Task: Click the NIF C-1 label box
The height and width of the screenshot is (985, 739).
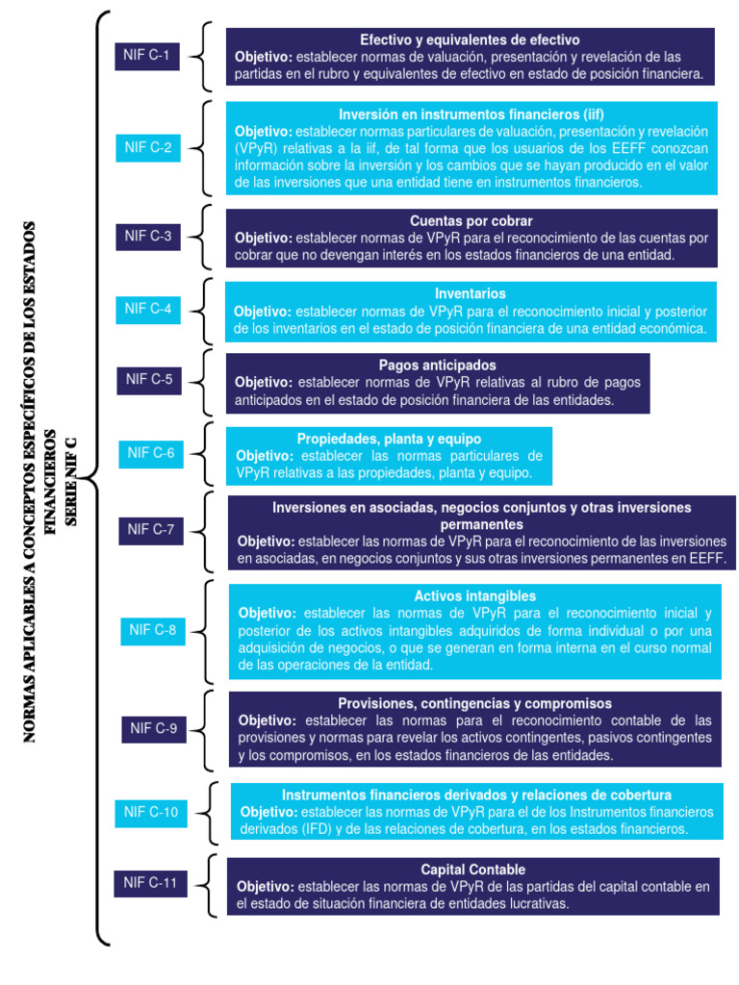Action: pos(146,56)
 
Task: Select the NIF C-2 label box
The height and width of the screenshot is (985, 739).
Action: pos(147,148)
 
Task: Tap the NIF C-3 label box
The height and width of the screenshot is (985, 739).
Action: pos(147,236)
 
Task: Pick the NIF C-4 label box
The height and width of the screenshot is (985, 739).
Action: pos(147,309)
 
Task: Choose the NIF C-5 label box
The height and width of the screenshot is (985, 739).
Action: pos(149,379)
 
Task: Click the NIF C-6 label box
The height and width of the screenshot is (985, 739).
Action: pos(151,453)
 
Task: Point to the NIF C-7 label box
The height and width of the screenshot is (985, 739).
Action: pos(151,529)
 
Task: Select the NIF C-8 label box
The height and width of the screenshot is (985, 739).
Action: pos(153,631)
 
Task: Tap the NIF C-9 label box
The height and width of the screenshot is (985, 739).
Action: pos(154,728)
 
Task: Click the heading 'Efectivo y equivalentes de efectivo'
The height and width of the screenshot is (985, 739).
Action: pos(470,40)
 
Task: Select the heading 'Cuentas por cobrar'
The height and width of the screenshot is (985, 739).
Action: pos(471,220)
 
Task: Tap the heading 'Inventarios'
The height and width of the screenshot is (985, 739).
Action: pos(471,293)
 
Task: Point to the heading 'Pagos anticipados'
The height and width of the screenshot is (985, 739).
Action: pos(437,366)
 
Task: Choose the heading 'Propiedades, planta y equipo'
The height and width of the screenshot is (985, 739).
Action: pos(389,439)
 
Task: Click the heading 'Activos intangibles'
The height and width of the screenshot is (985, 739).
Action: pos(474,596)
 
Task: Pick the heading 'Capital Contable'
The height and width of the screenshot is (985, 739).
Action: pos(472,870)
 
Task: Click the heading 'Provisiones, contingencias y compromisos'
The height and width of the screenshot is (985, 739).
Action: pos(474,703)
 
